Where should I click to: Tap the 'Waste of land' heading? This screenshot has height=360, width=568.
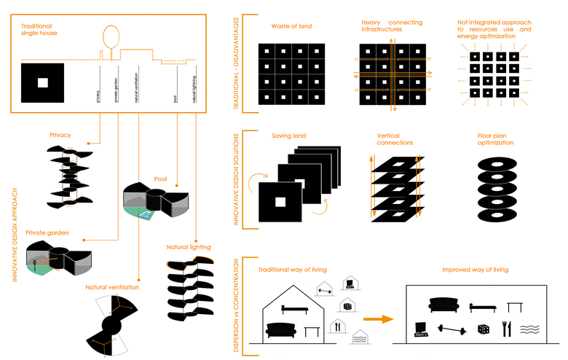point(291,26)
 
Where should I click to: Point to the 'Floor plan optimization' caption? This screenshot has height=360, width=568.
point(495,139)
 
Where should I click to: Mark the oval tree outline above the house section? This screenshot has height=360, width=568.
point(111,36)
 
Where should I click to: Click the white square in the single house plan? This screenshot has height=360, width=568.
point(43,82)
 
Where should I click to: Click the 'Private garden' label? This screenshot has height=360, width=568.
point(46,232)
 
